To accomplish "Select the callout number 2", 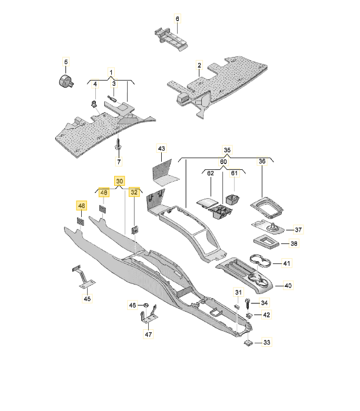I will tap(199, 65).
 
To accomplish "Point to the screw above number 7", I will tap(118, 143).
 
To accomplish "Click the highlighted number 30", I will tap(119, 181).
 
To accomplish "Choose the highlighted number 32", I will tap(135, 192).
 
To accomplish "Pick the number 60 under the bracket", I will tap(223, 162).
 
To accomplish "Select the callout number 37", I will tap(298, 229).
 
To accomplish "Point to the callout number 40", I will tap(288, 286).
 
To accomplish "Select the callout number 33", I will tap(266, 342).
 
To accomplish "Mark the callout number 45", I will tap(87, 299).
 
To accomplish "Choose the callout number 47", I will tap(148, 335).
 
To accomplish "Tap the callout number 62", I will tap(211, 173).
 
